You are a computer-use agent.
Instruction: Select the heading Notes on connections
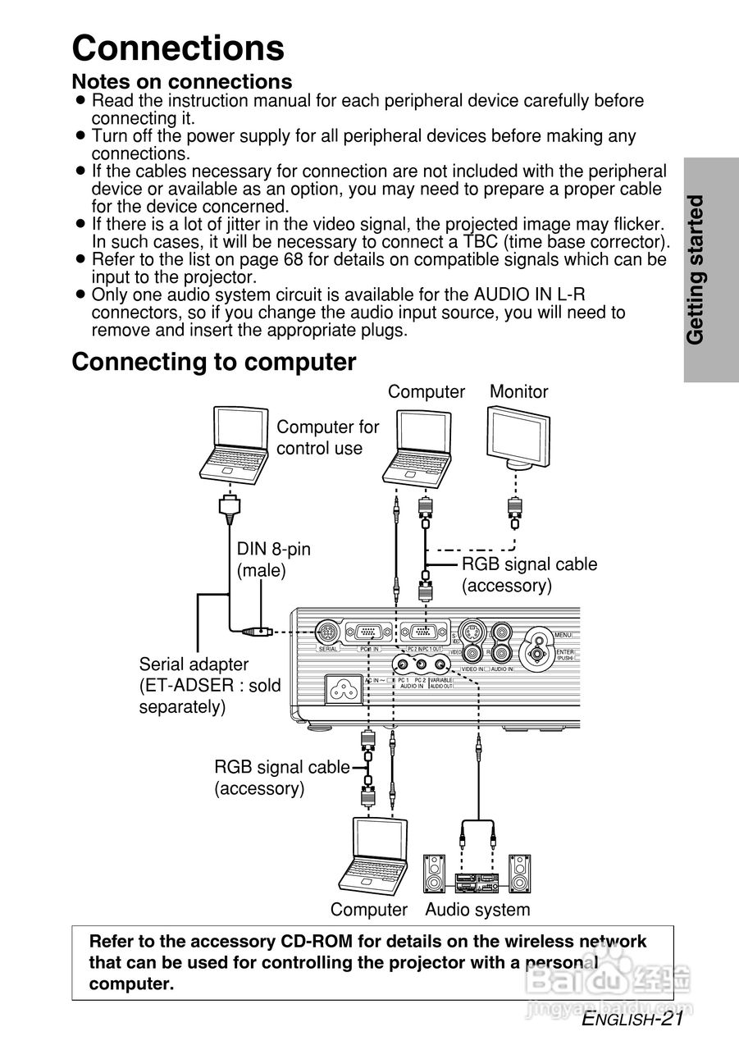tap(182, 82)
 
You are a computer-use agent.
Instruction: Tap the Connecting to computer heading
tap(214, 362)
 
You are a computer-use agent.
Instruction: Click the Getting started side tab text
tap(696, 269)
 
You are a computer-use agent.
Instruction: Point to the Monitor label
tap(518, 392)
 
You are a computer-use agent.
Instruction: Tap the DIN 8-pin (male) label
tap(273, 559)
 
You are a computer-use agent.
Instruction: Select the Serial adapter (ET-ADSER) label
tap(209, 684)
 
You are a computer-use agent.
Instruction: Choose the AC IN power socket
tap(345, 689)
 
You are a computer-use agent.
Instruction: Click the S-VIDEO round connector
tap(471, 632)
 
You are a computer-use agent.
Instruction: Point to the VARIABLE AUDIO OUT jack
tap(441, 665)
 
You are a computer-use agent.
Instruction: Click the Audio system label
tap(477, 910)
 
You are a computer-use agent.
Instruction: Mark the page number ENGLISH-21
tap(632, 1020)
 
